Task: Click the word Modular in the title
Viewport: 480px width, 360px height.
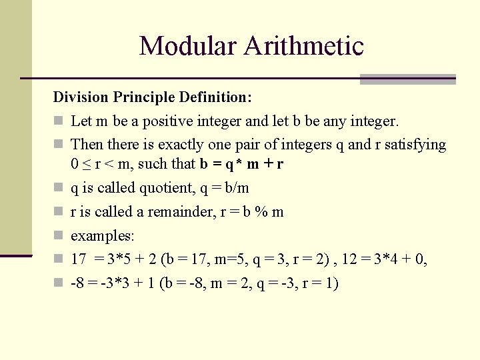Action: click(187, 46)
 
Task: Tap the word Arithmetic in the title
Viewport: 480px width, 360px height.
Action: click(303, 46)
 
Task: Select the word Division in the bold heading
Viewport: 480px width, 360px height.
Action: click(80, 97)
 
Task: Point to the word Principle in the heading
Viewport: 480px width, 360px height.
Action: click(144, 97)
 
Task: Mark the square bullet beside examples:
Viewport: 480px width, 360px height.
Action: click(58, 235)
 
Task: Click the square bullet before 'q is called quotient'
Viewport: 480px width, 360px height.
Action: click(58, 188)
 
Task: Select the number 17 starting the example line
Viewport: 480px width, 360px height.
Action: click(78, 259)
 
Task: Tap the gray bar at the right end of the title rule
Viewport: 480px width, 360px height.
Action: click(407, 79)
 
